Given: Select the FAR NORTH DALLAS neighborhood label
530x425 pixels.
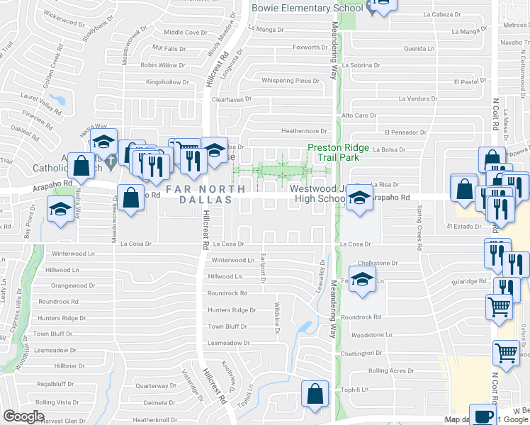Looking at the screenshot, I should tap(205, 195).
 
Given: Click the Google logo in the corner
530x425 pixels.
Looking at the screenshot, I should tap(23, 416).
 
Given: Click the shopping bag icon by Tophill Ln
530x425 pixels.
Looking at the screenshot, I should tap(313, 395).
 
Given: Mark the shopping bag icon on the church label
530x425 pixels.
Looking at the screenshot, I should tap(83, 166).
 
